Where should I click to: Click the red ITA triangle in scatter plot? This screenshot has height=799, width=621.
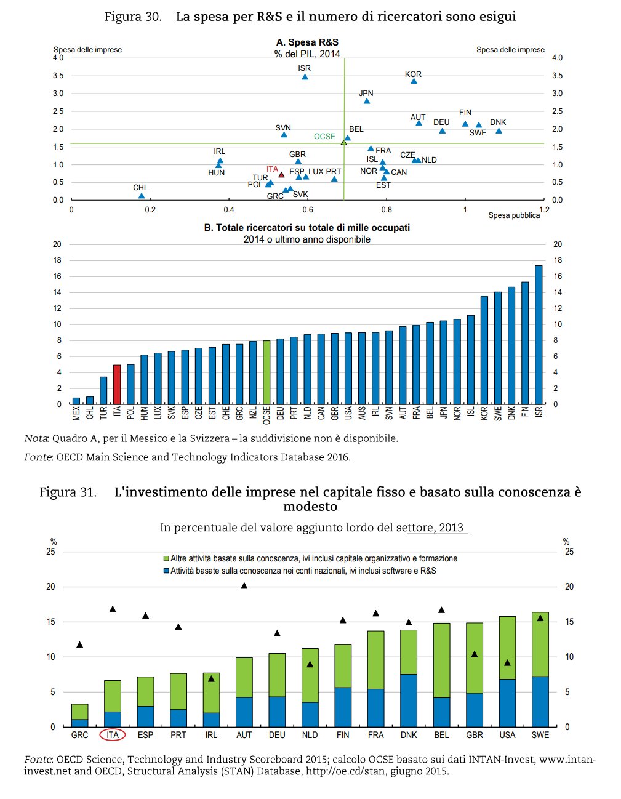point(281,175)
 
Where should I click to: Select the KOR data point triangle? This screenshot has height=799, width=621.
point(414,81)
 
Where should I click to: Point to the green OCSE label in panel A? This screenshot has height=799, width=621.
point(324,137)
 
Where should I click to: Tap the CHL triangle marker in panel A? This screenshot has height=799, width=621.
point(142,196)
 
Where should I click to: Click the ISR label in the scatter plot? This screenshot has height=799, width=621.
point(304,68)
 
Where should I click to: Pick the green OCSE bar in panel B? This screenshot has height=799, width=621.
point(266,372)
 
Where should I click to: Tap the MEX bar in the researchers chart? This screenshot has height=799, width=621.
point(76,401)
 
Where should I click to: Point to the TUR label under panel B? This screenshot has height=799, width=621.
point(103,413)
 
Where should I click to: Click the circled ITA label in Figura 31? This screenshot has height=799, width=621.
point(113,735)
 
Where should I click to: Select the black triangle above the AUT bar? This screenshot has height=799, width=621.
point(244,585)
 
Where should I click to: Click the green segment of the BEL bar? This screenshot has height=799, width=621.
point(441,660)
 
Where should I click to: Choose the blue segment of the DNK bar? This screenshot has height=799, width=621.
point(409,700)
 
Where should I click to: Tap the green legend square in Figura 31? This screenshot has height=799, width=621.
point(166,559)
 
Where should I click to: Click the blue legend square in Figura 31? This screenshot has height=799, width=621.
point(166,571)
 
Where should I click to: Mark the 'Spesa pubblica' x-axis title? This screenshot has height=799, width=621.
point(514,215)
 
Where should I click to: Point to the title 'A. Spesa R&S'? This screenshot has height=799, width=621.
point(307,42)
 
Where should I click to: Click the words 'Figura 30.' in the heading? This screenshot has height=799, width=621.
point(133,17)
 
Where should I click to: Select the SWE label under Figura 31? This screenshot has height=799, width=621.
point(540,735)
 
